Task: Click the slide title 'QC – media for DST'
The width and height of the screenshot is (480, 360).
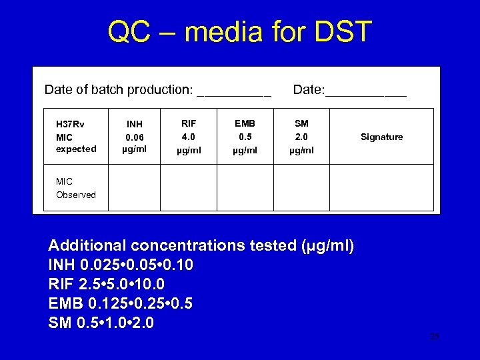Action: (240, 32)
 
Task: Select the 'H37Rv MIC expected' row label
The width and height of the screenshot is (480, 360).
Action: (76, 137)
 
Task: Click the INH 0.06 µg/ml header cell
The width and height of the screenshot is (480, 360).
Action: (134, 137)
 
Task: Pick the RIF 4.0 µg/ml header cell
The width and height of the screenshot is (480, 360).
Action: (189, 137)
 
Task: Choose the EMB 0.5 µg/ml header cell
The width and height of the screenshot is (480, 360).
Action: (245, 137)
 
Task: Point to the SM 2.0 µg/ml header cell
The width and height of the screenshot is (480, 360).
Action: (301, 137)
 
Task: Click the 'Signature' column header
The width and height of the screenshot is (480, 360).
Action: (381, 137)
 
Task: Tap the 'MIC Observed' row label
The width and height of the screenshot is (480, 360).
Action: (76, 188)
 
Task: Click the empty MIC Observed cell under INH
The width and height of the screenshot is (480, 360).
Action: (134, 188)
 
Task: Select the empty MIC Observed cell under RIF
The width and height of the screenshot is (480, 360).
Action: (189, 188)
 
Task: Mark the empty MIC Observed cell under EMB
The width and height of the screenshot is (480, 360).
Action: (245, 188)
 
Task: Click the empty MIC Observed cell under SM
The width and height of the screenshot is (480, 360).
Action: (301, 188)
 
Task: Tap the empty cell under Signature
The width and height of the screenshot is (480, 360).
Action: (381, 188)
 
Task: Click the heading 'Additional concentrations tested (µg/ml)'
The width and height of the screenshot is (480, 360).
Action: (201, 246)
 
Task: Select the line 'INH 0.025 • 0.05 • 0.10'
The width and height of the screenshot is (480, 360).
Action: (121, 265)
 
